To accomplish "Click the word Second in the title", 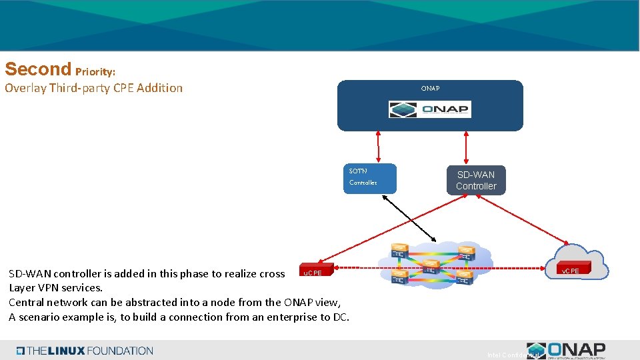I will [37, 69].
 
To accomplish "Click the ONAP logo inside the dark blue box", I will [430, 109].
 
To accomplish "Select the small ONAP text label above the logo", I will [430, 88].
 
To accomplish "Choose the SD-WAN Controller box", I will [476, 181].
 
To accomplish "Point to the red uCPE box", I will [311, 272].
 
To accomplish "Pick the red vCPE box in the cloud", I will [570, 271].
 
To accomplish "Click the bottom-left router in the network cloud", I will [400, 274].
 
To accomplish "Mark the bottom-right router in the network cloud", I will [465, 274].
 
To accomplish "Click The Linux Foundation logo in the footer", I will [85, 351].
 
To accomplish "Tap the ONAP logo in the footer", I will [567, 350].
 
